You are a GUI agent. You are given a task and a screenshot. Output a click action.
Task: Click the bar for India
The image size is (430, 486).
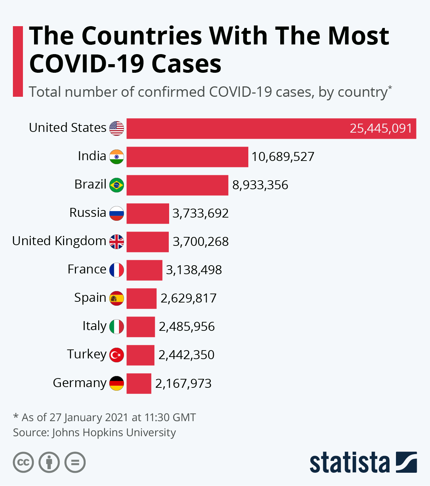187,157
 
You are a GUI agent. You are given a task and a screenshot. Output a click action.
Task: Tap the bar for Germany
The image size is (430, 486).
139,383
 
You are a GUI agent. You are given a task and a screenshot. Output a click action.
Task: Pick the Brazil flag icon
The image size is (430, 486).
116,185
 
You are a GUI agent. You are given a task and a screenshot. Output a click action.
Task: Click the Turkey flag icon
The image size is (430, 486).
116,355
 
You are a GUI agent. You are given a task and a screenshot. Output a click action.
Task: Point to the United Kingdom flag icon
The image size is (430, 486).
116,242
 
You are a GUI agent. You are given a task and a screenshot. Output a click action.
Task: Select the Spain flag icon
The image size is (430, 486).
116,298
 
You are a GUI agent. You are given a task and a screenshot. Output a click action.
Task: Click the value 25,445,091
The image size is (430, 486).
381,128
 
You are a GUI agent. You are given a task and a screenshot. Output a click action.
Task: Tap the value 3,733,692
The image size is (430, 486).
200,213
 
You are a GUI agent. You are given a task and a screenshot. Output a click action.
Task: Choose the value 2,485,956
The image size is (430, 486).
187,327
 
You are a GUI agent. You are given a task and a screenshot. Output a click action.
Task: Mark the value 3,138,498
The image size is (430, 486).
194,270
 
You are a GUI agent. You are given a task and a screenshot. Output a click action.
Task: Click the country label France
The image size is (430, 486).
87,269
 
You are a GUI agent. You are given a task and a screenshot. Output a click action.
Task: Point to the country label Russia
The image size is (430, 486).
88,213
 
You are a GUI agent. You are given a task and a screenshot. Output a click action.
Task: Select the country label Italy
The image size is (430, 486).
94,326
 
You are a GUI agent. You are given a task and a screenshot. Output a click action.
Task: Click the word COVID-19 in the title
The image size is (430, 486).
86,64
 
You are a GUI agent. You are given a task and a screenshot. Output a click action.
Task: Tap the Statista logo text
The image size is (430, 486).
349,463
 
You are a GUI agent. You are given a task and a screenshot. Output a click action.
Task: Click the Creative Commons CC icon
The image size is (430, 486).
23,462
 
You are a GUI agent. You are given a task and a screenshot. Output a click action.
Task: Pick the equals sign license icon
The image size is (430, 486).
75,462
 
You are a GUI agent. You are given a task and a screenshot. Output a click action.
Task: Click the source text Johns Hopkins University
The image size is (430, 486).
114,433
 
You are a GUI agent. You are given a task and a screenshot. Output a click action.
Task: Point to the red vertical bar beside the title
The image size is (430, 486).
18,61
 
